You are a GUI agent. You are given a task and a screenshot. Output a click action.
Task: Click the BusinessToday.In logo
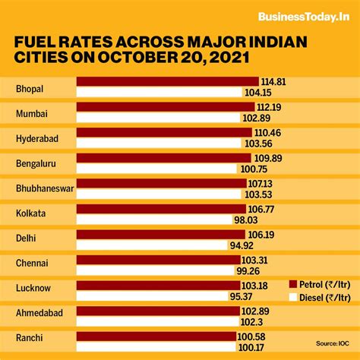pyautogui.click(x=304, y=17)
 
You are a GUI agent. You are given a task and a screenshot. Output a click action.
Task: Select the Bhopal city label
pyautogui.click(x=30, y=89)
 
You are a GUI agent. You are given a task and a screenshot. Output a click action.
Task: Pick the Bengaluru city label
pyautogui.click(x=36, y=163)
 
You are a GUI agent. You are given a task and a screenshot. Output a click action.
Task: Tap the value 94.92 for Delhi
pyautogui.click(x=240, y=245)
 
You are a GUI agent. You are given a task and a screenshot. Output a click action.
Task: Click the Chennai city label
pyautogui.click(x=32, y=262)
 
